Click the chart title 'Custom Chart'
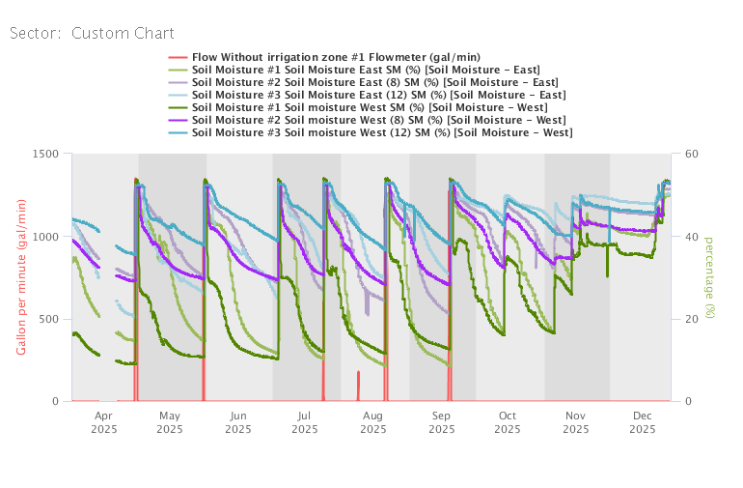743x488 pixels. click(x=123, y=33)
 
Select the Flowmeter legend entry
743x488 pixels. click(x=336, y=57)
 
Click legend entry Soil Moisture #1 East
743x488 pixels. click(x=366, y=70)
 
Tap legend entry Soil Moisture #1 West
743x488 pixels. click(x=368, y=107)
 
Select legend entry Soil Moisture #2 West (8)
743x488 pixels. click(x=378, y=120)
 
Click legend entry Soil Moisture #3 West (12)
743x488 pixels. click(x=381, y=132)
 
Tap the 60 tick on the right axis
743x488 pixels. click(x=692, y=154)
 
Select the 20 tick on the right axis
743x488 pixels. click(x=692, y=319)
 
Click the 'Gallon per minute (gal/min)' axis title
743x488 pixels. click(x=20, y=278)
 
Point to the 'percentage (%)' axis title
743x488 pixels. click(x=709, y=277)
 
